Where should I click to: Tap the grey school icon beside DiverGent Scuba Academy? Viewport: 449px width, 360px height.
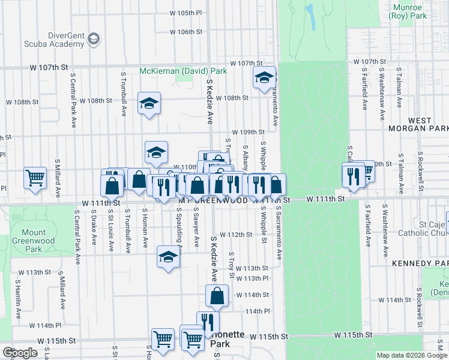click(93, 40)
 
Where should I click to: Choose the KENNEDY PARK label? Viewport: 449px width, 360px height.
click(420, 263)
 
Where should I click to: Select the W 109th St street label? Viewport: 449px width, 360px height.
click(248, 132)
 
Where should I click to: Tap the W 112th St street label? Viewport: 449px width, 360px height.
click(235, 235)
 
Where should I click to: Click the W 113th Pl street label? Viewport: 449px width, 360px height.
click(252, 278)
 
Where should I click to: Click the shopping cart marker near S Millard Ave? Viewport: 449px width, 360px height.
click(35, 177)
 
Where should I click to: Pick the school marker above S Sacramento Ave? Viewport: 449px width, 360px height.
click(264, 77)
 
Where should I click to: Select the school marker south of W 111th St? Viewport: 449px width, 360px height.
click(169, 257)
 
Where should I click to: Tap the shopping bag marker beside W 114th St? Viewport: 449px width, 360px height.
click(217, 295)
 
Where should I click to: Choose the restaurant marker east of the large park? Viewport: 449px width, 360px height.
click(352, 175)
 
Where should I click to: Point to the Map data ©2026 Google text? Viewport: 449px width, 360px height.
click(412, 355)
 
